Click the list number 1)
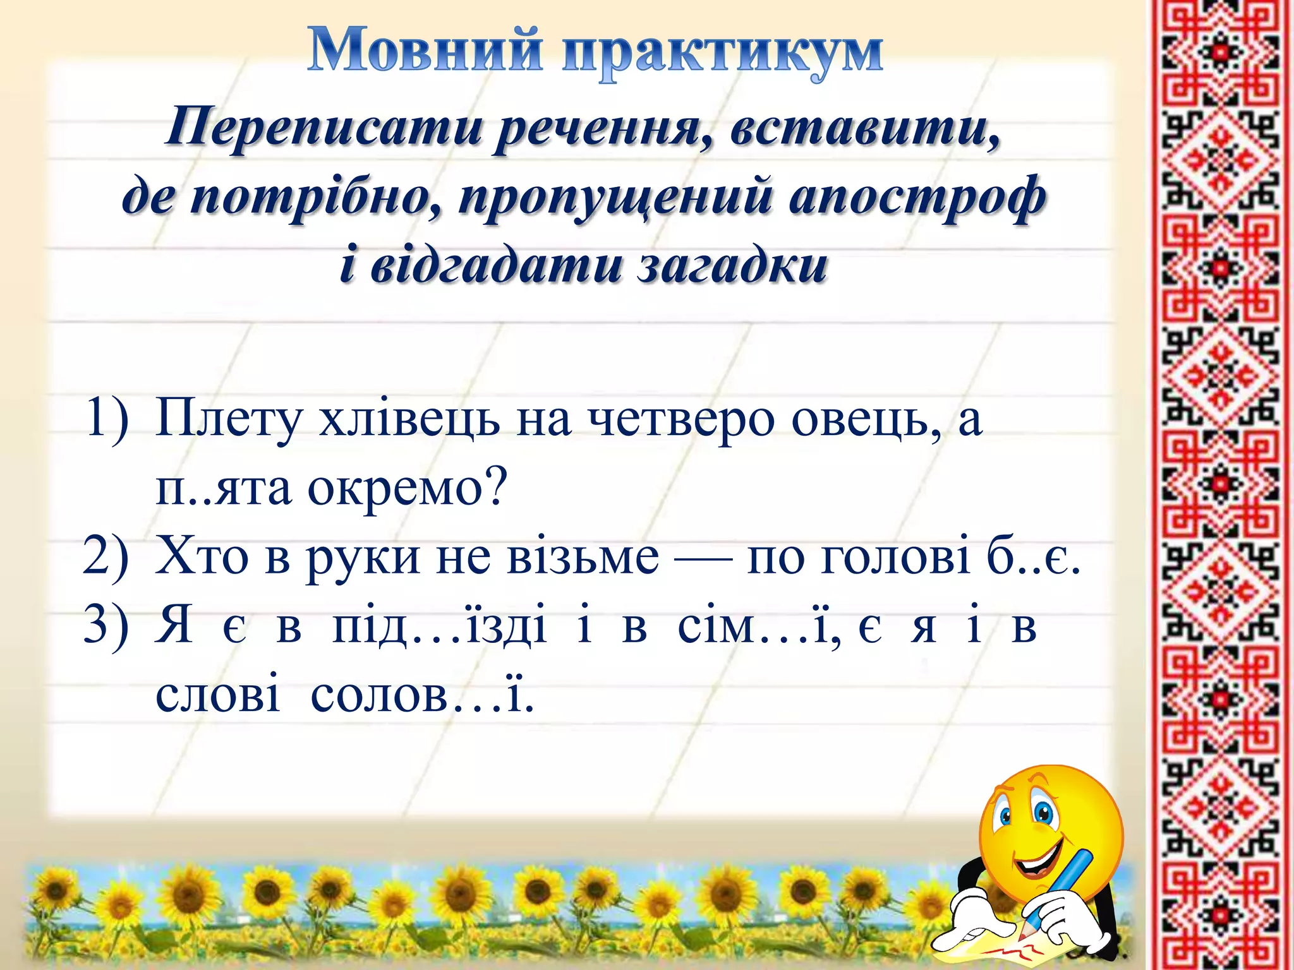tap(106, 417)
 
